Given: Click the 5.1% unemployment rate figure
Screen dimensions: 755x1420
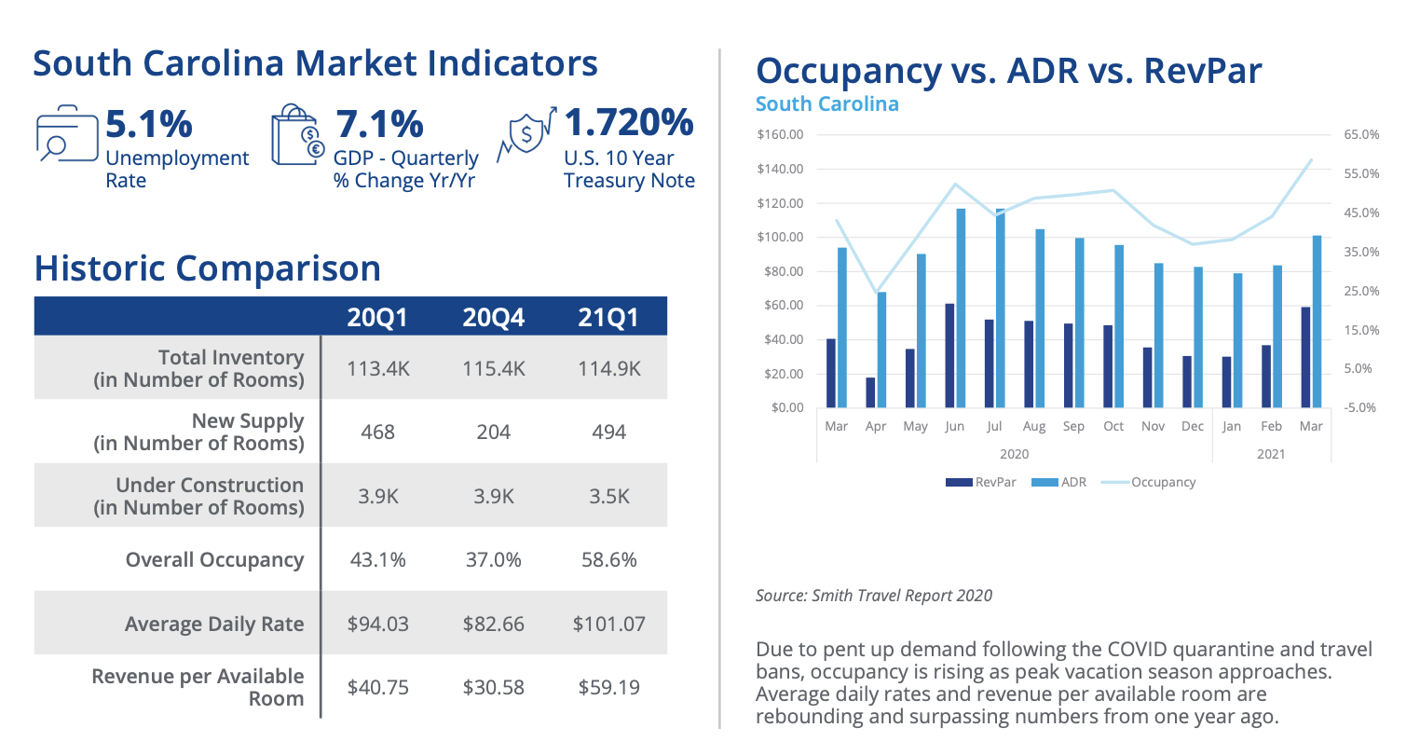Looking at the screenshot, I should [149, 124].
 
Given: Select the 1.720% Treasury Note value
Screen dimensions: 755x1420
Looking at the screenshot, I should [629, 122].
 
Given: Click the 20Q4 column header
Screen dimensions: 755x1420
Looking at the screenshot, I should [493, 317].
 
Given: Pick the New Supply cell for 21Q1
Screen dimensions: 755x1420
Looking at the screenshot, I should [608, 432].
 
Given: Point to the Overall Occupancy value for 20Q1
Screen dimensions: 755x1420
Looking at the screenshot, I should [377, 560].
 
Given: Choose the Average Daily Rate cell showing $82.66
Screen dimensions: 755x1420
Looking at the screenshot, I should [493, 625].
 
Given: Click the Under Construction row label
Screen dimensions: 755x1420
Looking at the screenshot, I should [198, 497].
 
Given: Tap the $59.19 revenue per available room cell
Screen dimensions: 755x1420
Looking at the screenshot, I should [608, 688].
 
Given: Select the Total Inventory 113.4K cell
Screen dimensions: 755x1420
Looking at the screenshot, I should [377, 369].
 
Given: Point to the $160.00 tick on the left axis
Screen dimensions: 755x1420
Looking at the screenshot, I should [780, 135].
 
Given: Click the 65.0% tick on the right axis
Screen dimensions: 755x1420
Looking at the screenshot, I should [1361, 135].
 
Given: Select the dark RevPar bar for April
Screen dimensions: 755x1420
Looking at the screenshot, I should [870, 392].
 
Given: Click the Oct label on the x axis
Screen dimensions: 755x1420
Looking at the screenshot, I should [1113, 427].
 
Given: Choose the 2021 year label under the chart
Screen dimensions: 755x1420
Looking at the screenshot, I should [1271, 454].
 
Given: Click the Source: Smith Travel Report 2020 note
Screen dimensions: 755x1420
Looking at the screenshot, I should [874, 596].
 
